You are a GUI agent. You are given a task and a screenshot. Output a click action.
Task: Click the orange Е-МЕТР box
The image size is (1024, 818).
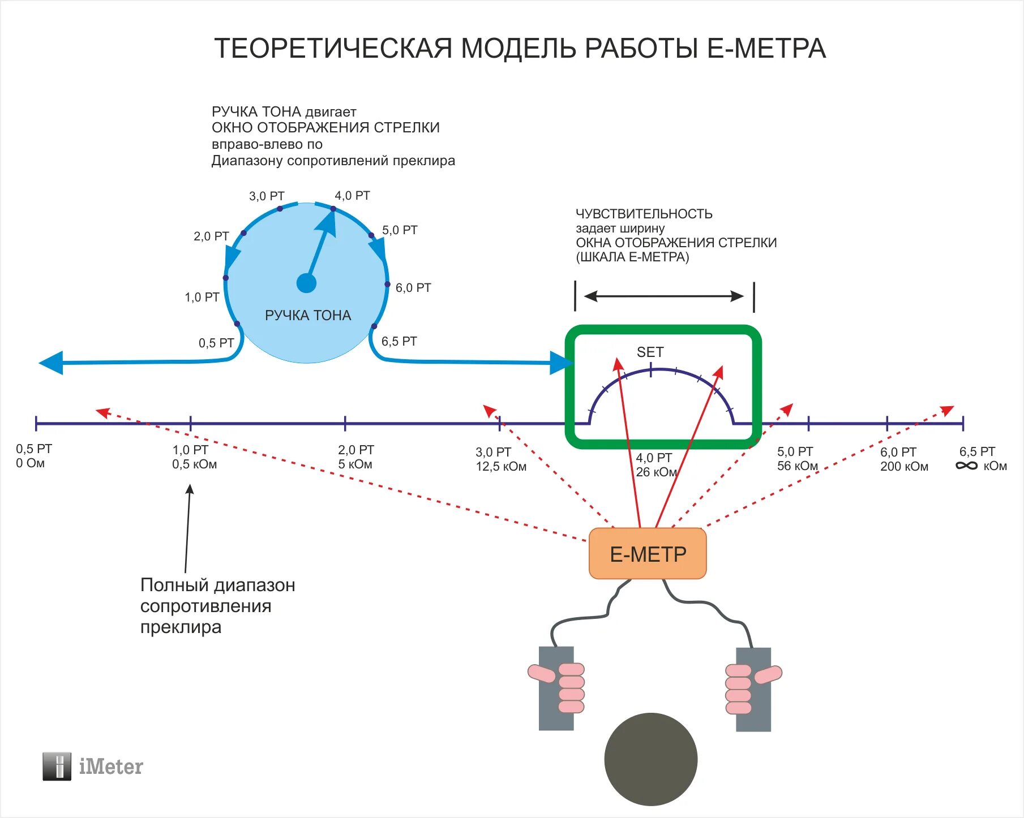tap(648, 554)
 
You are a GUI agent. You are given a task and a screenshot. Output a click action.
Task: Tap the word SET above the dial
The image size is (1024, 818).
tap(650, 352)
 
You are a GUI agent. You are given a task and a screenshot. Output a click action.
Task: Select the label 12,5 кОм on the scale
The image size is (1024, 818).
tap(501, 467)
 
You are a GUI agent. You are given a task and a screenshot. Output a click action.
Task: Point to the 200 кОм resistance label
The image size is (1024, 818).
tap(904, 467)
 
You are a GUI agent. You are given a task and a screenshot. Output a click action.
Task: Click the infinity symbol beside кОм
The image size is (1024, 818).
tap(967, 466)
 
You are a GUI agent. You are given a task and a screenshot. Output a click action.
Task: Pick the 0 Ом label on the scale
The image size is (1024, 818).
tap(30, 463)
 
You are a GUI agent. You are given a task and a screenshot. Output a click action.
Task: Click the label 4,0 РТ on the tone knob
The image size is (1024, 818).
tap(352, 196)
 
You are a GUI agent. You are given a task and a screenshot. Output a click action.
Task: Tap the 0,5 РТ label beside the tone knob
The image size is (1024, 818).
tap(216, 343)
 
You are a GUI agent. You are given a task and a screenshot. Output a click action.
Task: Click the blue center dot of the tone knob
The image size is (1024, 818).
tap(306, 283)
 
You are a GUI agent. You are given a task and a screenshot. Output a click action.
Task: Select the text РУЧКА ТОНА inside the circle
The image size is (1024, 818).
tap(308, 315)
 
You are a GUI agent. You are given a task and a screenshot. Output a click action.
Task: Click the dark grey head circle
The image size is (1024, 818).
tap(650, 759)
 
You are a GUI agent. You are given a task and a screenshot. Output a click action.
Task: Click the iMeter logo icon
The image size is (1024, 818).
tap(57, 767)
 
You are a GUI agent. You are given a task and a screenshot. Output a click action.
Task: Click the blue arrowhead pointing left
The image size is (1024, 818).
tap(51, 363)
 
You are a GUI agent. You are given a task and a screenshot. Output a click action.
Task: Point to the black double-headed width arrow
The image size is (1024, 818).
tap(664, 296)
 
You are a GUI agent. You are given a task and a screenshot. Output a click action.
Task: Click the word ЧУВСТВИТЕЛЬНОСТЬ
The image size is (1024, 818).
tap(644, 214)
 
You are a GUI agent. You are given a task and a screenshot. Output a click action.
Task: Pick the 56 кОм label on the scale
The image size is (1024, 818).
tap(797, 466)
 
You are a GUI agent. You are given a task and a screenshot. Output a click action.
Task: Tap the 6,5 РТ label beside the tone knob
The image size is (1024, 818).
tap(399, 341)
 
